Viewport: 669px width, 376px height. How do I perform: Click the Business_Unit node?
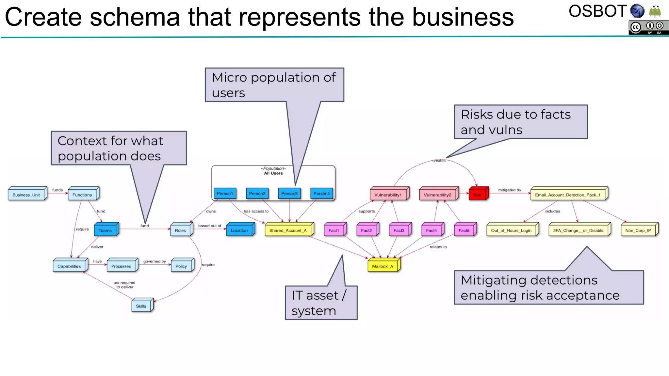point(26,195)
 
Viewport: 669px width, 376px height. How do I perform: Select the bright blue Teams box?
point(105,230)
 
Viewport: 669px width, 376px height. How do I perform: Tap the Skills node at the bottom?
point(141,306)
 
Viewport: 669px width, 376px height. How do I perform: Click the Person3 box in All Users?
point(289,194)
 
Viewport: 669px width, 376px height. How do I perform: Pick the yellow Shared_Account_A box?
point(288,230)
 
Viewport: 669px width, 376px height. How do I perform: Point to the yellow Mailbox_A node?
point(383,266)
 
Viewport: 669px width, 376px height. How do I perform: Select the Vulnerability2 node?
point(437,195)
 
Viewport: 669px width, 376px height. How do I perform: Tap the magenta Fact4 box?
point(431,230)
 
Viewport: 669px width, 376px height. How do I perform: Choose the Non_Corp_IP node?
point(638,230)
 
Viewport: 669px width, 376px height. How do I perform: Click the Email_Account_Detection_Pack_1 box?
point(568,195)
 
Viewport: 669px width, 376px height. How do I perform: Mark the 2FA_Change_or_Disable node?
point(578,230)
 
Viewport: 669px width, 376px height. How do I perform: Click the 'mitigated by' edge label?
point(510,190)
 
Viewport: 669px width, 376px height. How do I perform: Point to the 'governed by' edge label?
point(155,261)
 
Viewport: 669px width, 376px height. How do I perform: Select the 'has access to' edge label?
point(256,211)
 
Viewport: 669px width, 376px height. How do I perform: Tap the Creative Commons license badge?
point(648,28)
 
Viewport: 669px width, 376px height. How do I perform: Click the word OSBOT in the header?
point(597,11)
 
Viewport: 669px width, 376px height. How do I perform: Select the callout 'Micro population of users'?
point(274,85)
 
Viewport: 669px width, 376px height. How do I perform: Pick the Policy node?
point(181,266)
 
